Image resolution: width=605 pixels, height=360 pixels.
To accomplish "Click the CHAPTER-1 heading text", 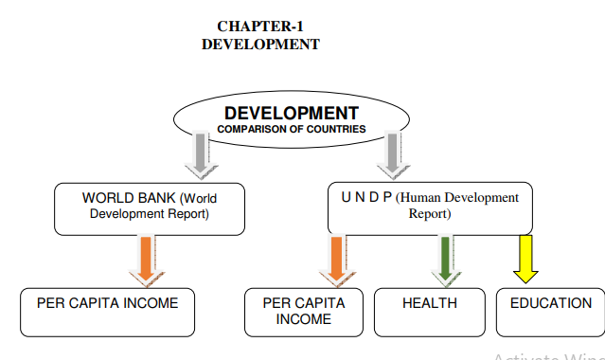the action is click(261, 27).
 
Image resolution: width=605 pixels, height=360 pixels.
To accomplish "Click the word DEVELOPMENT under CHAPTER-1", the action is click(261, 45).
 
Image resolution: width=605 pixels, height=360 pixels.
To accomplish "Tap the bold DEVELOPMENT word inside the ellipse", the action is click(291, 113).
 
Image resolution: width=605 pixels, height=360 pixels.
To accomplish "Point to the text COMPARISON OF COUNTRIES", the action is click(291, 129).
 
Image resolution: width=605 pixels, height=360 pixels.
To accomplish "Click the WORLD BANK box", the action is click(149, 207).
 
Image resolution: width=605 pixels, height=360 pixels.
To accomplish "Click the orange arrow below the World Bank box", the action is click(144, 258).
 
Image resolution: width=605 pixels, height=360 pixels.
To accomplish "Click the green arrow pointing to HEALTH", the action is click(444, 259).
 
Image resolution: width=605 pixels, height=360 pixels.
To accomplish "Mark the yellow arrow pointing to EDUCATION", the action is click(525, 259).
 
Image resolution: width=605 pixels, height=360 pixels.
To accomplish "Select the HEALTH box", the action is click(429, 312).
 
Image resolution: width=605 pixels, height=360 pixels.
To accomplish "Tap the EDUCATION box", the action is click(550, 312).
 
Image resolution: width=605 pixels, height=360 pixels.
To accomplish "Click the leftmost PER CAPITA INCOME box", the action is click(107, 312).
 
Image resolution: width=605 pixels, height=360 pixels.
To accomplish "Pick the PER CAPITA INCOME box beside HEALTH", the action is click(303, 312).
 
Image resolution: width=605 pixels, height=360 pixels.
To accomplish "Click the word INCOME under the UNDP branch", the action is click(303, 319).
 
